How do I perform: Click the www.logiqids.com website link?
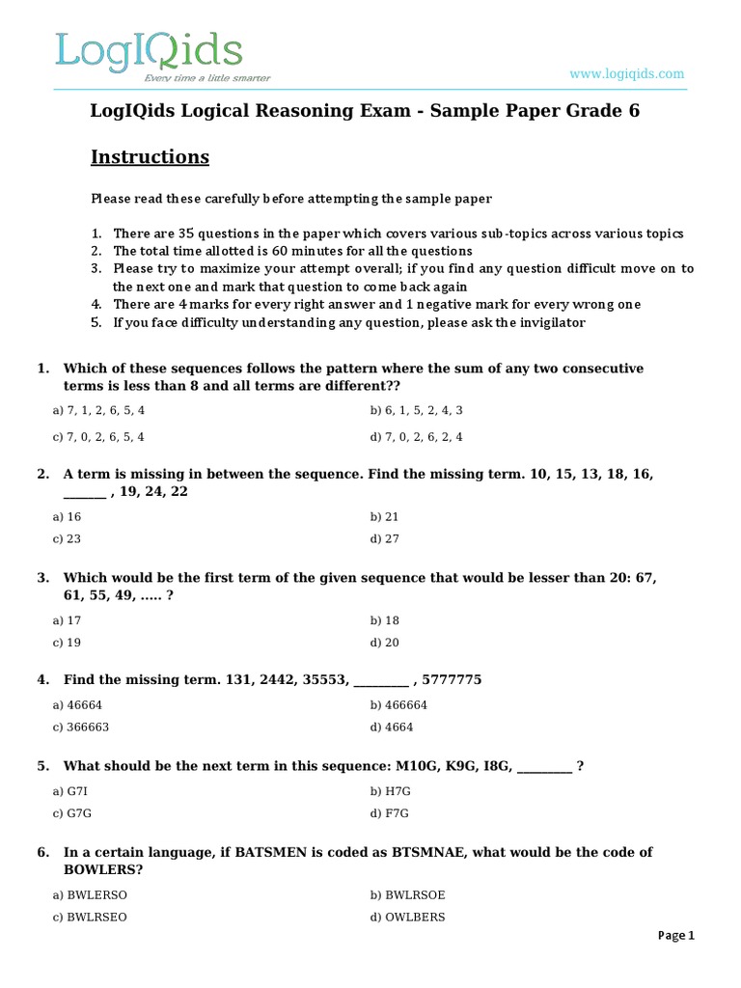tap(626, 73)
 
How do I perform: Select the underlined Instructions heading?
tap(150, 156)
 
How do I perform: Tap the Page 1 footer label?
tap(675, 935)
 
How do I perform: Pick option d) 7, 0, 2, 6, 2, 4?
tap(416, 436)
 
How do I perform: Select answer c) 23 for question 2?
tap(67, 539)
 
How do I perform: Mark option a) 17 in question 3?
tap(67, 620)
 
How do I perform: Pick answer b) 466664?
tap(398, 705)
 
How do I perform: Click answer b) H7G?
tap(390, 791)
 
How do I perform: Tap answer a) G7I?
tap(70, 791)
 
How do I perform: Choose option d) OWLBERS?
tap(407, 917)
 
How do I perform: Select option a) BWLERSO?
tap(90, 894)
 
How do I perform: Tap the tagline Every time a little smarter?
tap(207, 78)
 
